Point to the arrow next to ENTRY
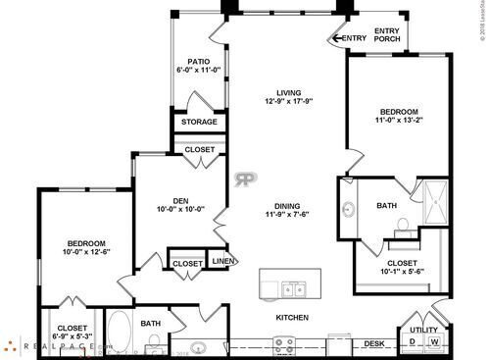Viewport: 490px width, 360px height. click(337, 39)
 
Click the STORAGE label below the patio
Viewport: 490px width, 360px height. click(198, 123)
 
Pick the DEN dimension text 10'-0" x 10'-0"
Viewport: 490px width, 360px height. click(178, 208)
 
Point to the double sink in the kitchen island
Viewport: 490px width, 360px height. click(292, 288)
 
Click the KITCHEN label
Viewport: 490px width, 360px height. click(292, 318)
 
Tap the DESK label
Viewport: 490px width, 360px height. click(373, 343)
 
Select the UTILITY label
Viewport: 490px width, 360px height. click(424, 330)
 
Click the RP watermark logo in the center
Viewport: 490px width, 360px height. click(244, 180)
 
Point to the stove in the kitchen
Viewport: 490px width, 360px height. click(284, 345)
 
